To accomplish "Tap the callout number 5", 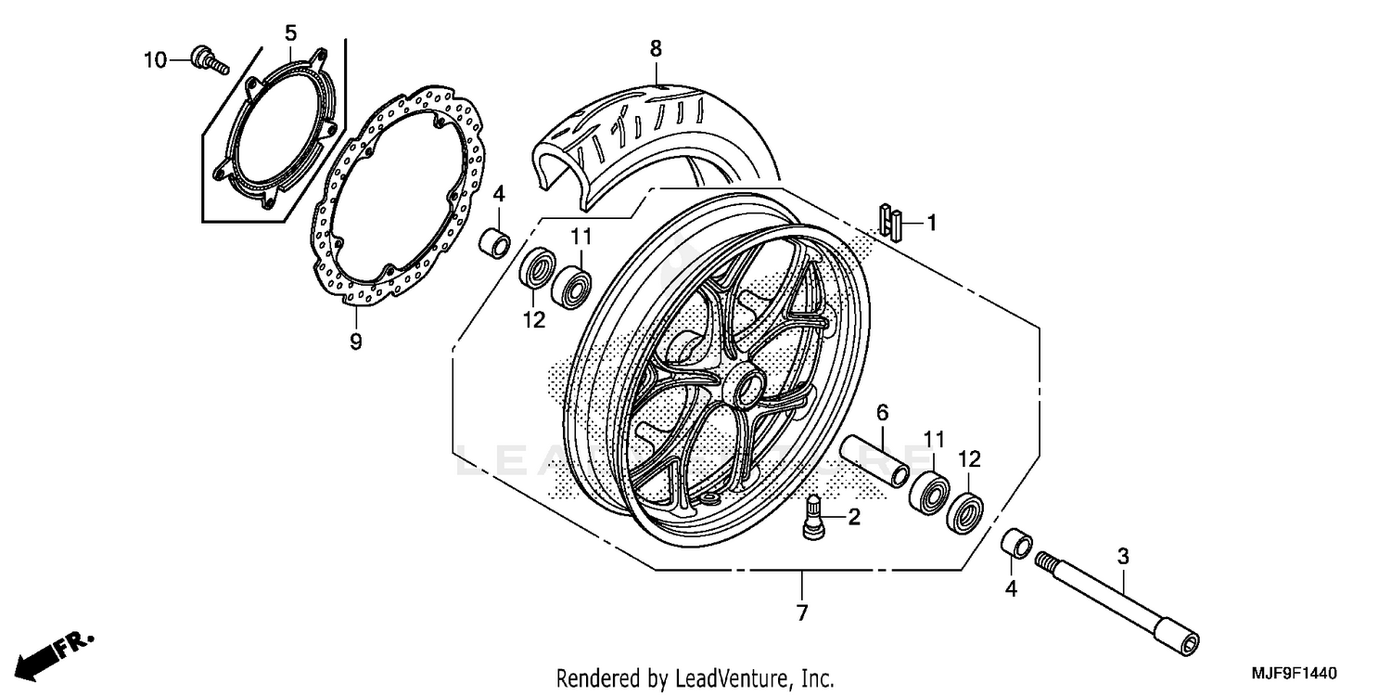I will click(x=290, y=33).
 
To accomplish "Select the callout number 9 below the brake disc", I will click(x=355, y=342).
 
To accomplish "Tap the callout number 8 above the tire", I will click(x=656, y=48).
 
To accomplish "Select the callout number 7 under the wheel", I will click(x=802, y=612).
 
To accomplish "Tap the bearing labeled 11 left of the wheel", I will click(x=572, y=283).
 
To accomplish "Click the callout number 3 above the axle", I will click(x=1122, y=557).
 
